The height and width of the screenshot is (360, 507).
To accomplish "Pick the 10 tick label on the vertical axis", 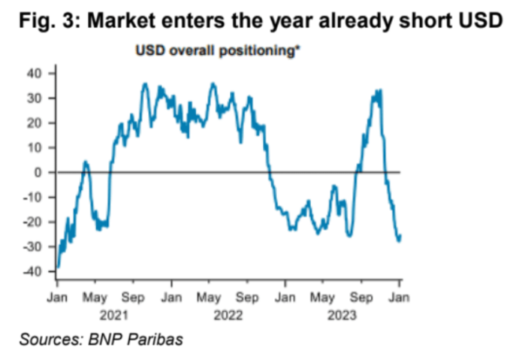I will coord(36,148).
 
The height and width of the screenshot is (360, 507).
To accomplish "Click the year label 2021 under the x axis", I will coord(113,314).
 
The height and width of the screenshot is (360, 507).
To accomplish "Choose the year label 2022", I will coord(228,314).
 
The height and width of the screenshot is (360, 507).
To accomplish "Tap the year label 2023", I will coord(343,314).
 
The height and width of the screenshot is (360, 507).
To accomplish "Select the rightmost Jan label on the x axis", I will coord(400,298).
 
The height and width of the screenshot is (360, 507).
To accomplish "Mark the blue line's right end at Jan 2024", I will coord(400,235).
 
